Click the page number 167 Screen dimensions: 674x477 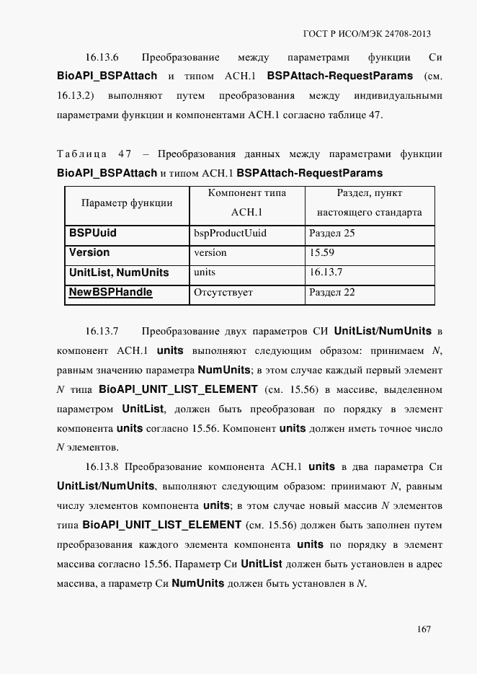coord(423,629)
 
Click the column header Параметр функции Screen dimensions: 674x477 coord(127,203)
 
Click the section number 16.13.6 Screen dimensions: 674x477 coord(102,57)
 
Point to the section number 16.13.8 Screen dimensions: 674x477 coord(102,466)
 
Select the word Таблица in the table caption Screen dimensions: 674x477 coord(81,154)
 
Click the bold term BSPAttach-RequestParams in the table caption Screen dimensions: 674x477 coord(309,174)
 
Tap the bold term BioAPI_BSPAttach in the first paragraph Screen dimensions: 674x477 coord(106,76)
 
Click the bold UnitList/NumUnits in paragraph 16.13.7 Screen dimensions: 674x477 coord(383,331)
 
